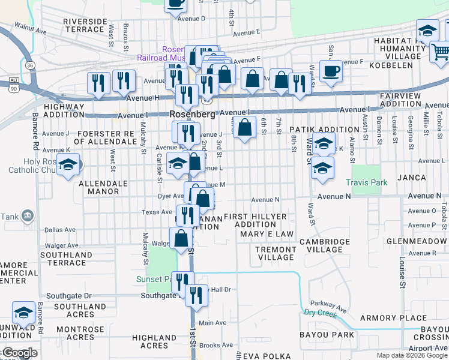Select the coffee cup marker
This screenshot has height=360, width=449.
point(331,72)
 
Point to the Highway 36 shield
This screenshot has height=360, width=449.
point(29,65)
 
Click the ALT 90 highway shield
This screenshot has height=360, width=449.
point(13,84)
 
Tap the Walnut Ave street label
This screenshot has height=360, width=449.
point(31,28)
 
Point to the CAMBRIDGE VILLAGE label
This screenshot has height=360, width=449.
point(324,245)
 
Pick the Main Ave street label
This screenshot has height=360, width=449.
point(212,323)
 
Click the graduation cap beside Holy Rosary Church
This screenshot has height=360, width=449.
point(68,166)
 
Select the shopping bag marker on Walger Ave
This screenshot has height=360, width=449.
point(181,239)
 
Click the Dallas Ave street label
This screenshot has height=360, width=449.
point(60,229)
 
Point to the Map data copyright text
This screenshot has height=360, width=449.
point(412,355)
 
